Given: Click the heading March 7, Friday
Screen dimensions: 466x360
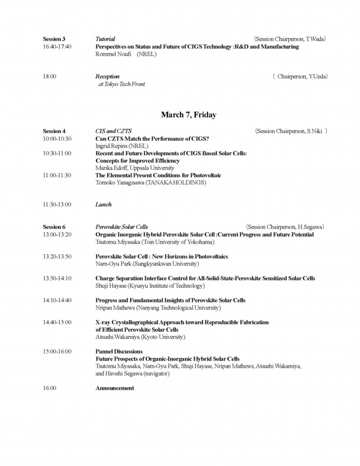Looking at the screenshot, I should (188, 115).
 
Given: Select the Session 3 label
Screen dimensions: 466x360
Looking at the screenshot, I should (54, 39).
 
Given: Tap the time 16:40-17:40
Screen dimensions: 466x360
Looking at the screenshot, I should (57, 46).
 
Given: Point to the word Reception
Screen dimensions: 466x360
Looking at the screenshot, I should (108, 76).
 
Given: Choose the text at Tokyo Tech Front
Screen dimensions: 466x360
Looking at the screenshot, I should (122, 84).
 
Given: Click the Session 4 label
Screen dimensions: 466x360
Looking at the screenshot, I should (54, 131).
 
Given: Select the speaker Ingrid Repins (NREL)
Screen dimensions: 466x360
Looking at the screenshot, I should (122, 146).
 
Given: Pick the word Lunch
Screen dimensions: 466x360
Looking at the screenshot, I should (104, 205).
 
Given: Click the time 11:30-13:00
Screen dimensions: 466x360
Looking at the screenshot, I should (57, 205).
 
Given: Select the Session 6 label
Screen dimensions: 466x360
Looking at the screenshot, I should (54, 227).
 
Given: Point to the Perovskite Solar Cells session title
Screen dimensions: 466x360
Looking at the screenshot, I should (122, 227).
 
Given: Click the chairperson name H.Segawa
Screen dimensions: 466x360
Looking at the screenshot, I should (312, 227).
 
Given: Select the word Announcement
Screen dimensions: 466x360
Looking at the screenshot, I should (115, 388).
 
